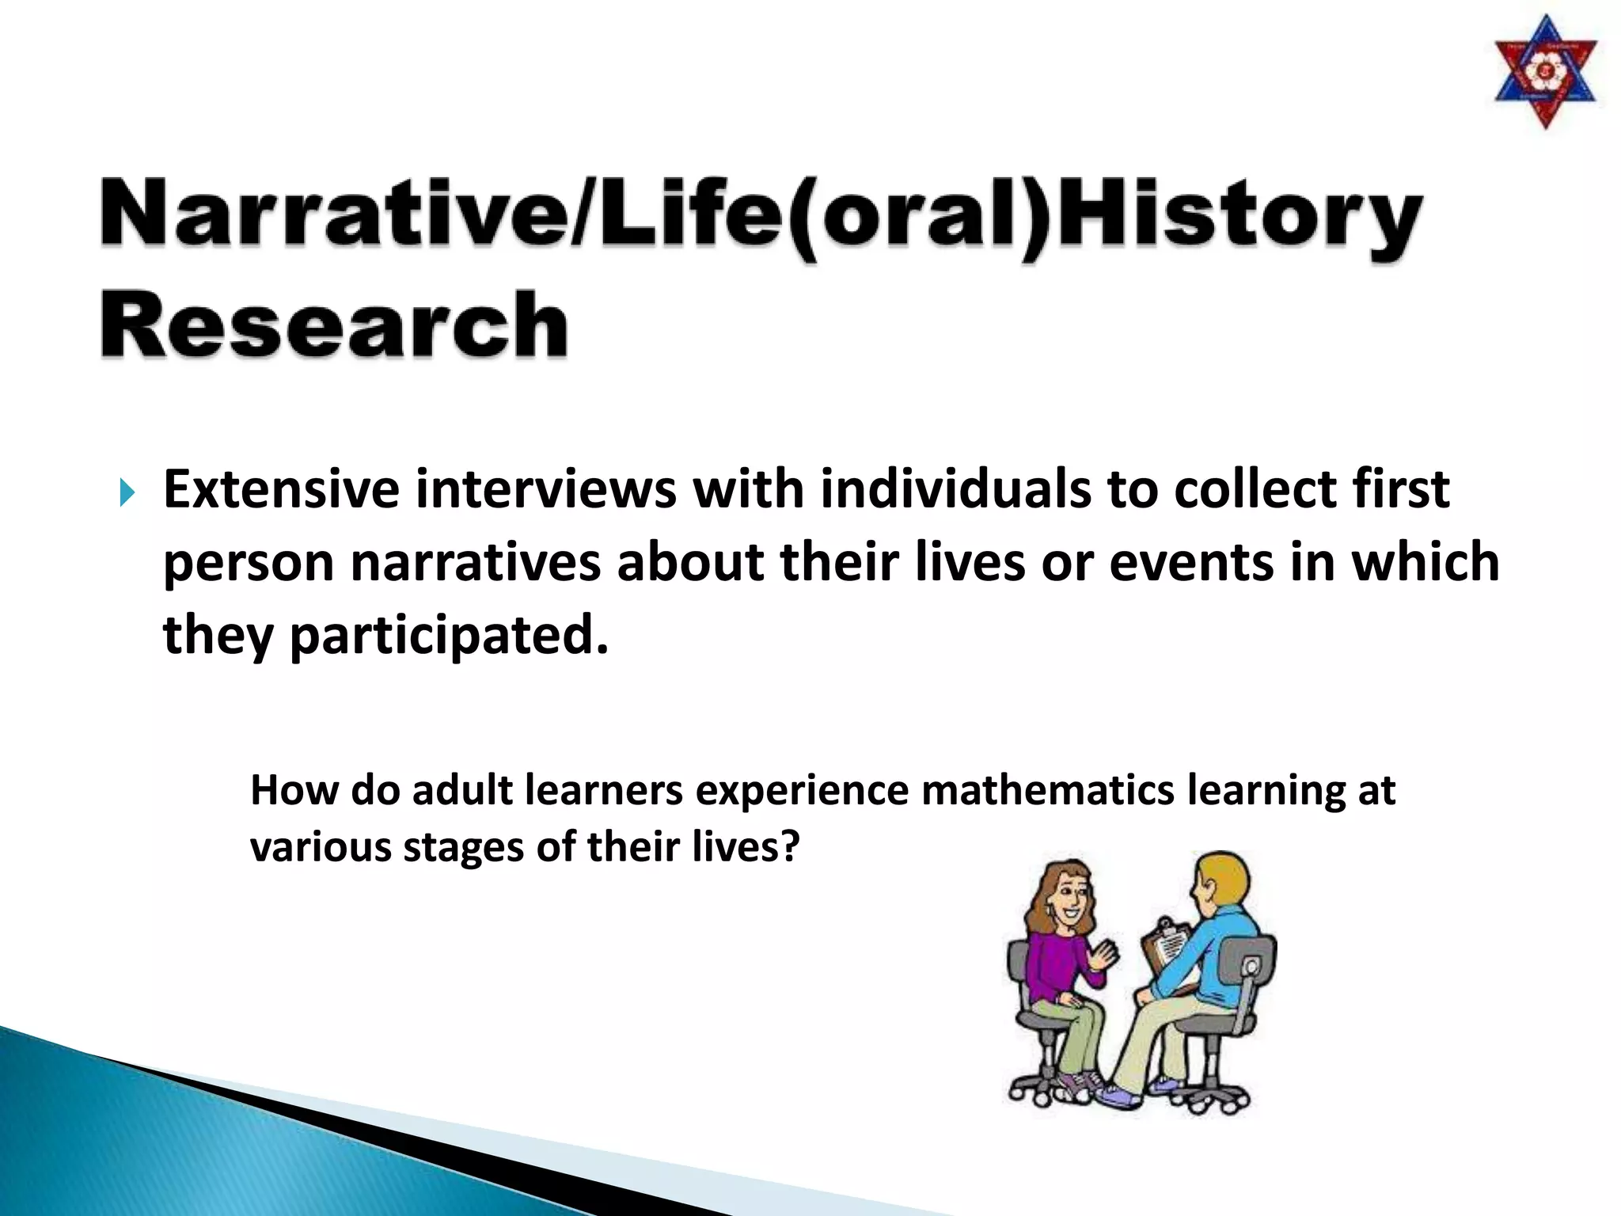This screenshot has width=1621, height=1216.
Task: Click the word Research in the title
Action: coord(334,325)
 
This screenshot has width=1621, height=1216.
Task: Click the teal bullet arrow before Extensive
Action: coord(127,494)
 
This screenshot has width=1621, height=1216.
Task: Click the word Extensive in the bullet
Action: coord(281,489)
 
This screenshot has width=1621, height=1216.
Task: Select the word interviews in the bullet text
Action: coord(545,489)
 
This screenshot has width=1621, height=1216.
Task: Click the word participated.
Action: coord(449,636)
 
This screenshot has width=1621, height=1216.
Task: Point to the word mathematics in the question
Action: coord(1047,790)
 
